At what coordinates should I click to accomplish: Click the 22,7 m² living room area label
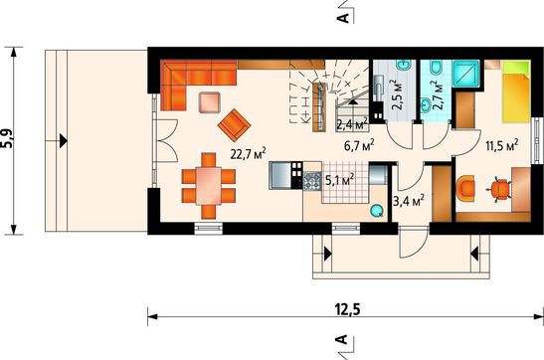tap(248, 153)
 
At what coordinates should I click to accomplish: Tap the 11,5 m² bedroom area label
tap(501, 145)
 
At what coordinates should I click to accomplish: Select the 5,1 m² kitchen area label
tap(340, 179)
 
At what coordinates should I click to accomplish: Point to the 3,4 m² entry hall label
tap(409, 200)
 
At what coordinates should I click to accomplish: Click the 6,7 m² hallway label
tap(359, 145)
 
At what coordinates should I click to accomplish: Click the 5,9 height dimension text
tap(7, 139)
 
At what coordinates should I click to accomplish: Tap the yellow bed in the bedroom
tap(516, 91)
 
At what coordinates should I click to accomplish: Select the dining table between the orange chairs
tap(208, 186)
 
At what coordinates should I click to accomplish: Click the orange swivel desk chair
tap(500, 189)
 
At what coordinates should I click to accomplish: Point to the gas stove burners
tap(312, 180)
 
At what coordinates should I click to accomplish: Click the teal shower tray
tap(466, 74)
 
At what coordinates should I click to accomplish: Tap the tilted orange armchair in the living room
tap(234, 125)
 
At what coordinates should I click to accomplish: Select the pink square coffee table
tap(209, 102)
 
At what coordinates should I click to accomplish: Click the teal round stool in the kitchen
tap(377, 210)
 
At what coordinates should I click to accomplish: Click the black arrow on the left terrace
tap(63, 141)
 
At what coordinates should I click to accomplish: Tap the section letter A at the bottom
tap(342, 339)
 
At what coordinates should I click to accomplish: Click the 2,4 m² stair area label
tap(352, 124)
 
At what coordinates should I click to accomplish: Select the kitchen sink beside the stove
tap(280, 175)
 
